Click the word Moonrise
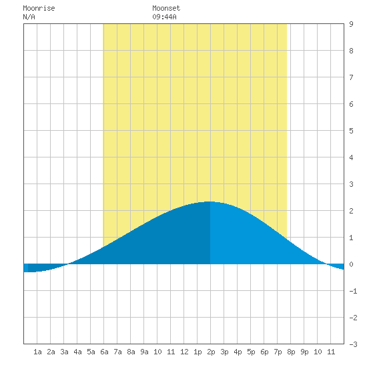click(x=39, y=8)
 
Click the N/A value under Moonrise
click(x=29, y=17)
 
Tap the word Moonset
click(x=166, y=8)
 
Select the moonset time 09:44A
click(x=164, y=17)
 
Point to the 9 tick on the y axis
click(x=351, y=24)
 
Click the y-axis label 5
click(x=351, y=131)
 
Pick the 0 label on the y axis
click(x=351, y=264)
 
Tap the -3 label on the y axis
click(x=353, y=344)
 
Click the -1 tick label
click(x=353, y=291)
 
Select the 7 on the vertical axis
click(x=351, y=77)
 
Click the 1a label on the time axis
click(x=37, y=352)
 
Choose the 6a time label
click(x=104, y=352)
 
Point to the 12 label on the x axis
click(x=184, y=352)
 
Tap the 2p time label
click(x=211, y=352)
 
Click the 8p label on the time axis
click(x=291, y=352)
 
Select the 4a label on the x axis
click(x=77, y=352)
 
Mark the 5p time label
click(x=251, y=352)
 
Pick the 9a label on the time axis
click(x=144, y=352)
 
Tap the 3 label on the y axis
click(x=351, y=184)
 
